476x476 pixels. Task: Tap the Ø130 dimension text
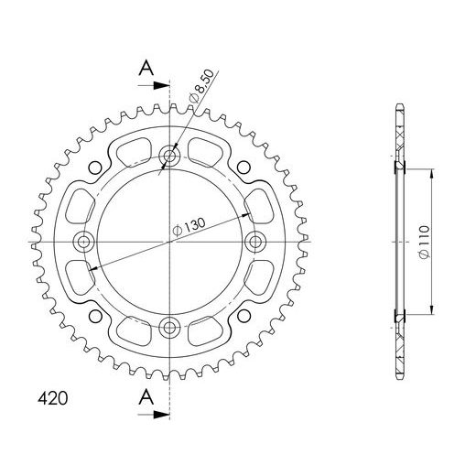click(189, 228)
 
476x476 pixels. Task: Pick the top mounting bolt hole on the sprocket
click(169, 156)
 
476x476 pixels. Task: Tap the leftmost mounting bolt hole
click(84, 241)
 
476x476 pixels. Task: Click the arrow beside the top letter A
click(159, 85)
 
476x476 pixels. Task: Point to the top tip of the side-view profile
click(398, 103)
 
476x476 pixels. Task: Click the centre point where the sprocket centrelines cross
click(169, 241)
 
